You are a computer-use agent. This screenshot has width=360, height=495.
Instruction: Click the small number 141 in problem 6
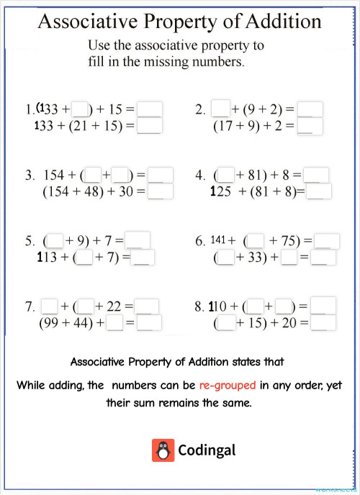click(x=219, y=240)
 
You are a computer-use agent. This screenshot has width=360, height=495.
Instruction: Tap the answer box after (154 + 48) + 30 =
click(x=160, y=192)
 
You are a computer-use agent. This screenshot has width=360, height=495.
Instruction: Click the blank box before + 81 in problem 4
click(x=226, y=175)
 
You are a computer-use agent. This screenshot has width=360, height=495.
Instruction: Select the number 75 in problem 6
click(x=286, y=241)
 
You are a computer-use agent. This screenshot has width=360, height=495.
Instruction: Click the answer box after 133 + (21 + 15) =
click(x=149, y=127)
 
